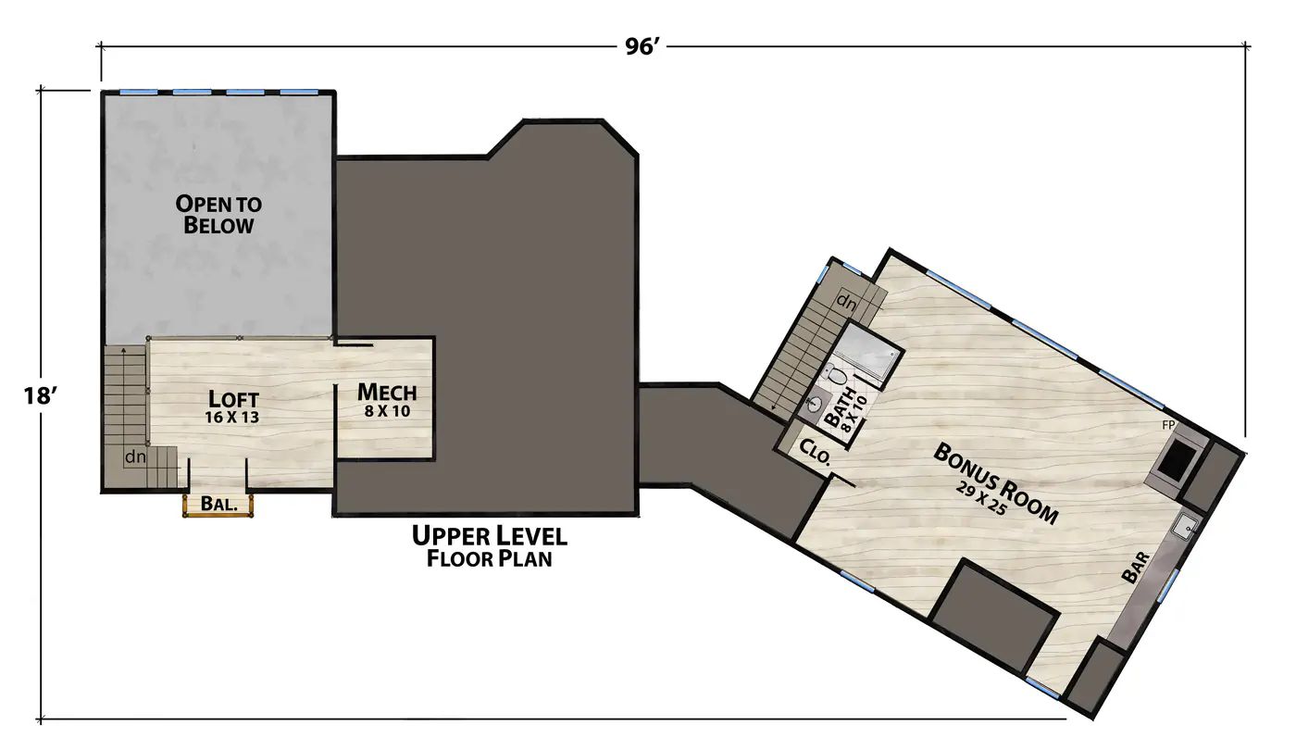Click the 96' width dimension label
tap(642, 46)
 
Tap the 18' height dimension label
tap(40, 396)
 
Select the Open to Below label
tap(218, 214)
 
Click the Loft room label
tap(232, 398)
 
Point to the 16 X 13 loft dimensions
tap(232, 417)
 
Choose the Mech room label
tap(387, 392)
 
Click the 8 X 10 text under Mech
tap(387, 411)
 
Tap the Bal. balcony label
tap(218, 504)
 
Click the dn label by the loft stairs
tap(135, 457)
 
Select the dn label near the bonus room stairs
tap(846, 302)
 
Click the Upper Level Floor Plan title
tap(490, 546)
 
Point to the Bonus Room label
tap(996, 483)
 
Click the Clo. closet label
tap(816, 452)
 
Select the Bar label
tap(1135, 567)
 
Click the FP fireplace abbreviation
tap(1168, 425)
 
